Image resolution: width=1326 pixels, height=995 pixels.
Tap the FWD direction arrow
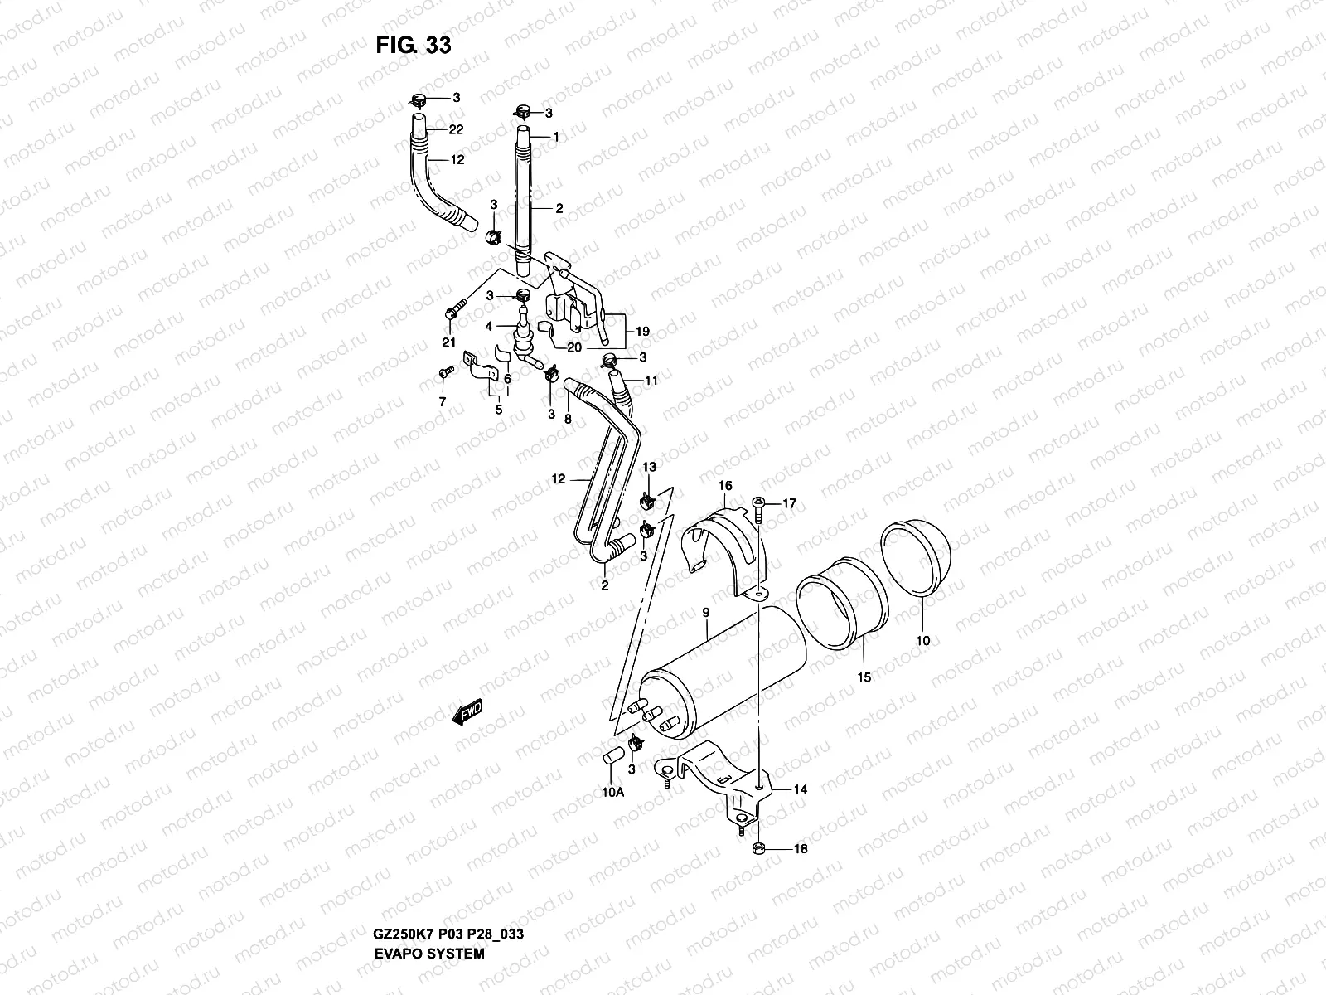(x=467, y=712)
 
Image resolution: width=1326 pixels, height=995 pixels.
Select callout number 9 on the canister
(x=705, y=612)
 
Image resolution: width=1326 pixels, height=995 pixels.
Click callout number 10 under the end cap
(x=923, y=640)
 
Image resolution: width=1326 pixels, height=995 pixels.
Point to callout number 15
(x=864, y=677)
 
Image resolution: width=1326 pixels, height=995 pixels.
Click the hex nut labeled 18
(x=761, y=848)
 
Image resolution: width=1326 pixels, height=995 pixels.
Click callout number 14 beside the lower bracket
(x=800, y=790)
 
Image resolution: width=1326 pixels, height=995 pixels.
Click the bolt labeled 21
(x=452, y=313)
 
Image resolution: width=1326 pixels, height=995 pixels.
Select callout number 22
(x=456, y=129)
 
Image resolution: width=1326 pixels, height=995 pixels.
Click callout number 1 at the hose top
(x=557, y=136)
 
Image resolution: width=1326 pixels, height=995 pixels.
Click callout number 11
(x=651, y=381)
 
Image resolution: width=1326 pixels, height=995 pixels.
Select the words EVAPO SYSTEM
(x=430, y=884)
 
